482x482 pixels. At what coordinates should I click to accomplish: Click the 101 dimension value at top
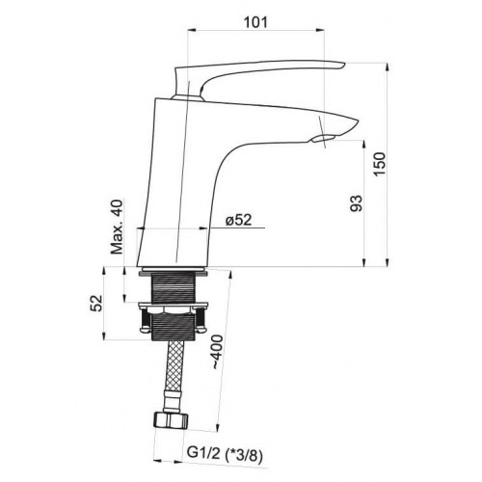tap(255, 22)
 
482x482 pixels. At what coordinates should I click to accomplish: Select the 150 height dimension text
tap(380, 164)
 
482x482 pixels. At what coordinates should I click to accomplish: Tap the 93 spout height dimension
tap(356, 203)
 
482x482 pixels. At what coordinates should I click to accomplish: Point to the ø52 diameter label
tap(238, 220)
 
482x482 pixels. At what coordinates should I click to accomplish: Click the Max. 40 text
tap(117, 227)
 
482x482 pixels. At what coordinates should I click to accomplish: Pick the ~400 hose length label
tap(218, 352)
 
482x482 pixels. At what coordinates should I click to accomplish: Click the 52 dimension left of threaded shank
tap(96, 303)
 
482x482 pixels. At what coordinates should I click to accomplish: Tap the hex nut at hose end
tap(171, 420)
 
